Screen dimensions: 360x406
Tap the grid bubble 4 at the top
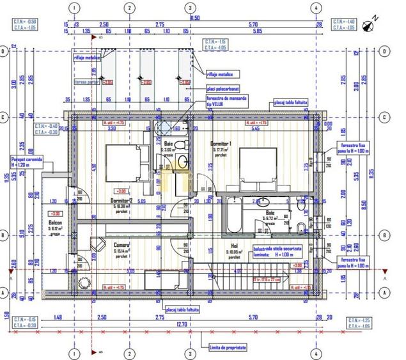pos(316,8)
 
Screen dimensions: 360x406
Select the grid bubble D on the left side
pos(5,51)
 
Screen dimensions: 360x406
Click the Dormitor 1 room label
pos(221,145)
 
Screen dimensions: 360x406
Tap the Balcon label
pos(55,224)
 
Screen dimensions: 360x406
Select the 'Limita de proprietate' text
pos(228,347)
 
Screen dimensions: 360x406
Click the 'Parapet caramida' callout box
pos(26,160)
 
